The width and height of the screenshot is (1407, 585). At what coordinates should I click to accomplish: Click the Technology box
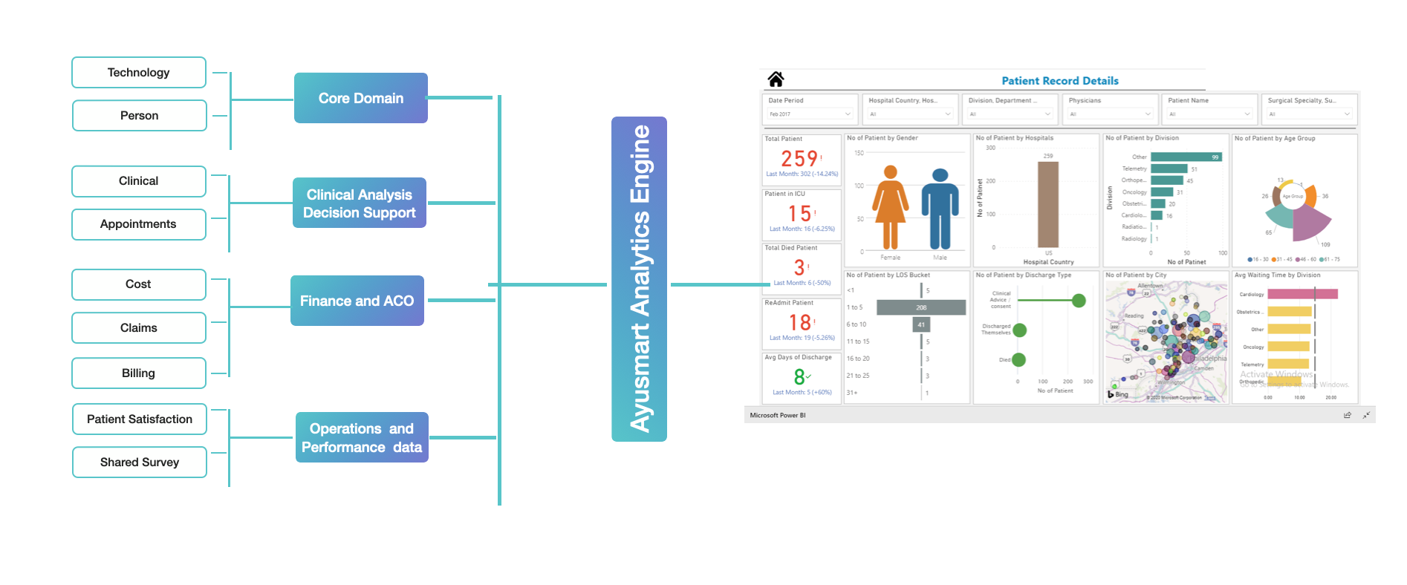138,73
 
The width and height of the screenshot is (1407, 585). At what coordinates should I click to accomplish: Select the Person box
139,116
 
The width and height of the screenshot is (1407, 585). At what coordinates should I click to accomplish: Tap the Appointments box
138,224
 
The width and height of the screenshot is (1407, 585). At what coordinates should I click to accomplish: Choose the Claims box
138,328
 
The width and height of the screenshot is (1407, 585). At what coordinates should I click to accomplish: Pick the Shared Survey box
140,463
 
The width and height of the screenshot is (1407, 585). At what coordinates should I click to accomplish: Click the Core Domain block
360,98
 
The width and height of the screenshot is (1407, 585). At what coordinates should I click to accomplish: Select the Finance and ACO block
357,301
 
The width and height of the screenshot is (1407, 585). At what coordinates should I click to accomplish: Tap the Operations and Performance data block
362,438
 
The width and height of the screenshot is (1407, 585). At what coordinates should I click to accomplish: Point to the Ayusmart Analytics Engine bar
639,279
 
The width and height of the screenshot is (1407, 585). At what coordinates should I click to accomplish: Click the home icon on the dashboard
776,79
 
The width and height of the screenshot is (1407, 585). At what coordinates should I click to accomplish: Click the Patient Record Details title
1059,81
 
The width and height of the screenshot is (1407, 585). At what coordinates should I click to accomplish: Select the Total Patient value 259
799,159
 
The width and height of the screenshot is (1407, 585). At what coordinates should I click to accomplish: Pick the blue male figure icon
940,209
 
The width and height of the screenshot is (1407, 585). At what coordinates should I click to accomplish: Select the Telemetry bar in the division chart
1169,169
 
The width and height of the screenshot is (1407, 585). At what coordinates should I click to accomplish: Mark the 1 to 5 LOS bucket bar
920,307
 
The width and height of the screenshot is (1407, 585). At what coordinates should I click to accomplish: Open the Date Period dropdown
810,114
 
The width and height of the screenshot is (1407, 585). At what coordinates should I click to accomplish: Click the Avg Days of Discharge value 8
799,377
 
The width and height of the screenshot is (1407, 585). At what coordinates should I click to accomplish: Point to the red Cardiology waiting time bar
1302,295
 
